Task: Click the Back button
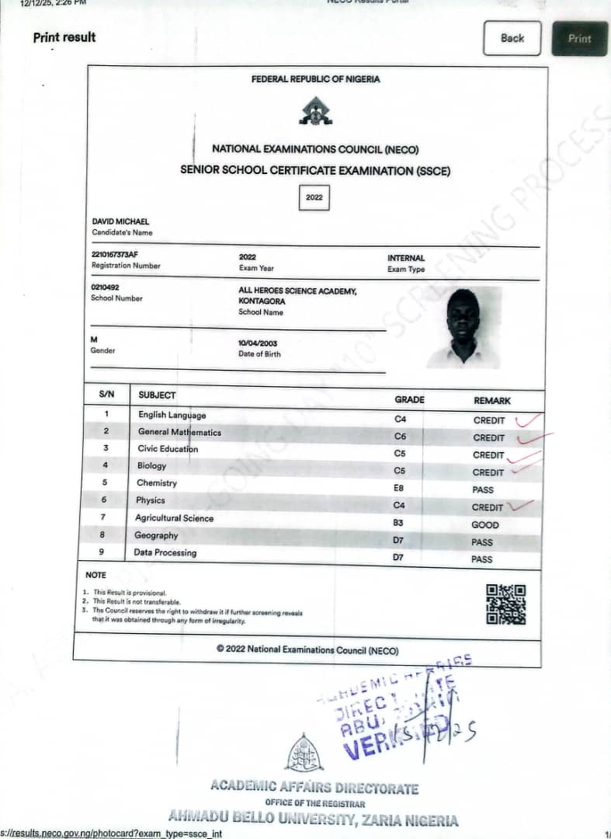[x=512, y=38]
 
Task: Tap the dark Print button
[x=579, y=38]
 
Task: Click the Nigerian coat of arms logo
[x=315, y=112]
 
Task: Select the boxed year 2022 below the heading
[x=314, y=197]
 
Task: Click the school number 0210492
[x=106, y=287]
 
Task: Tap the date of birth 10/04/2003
[x=258, y=343]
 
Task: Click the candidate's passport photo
[x=464, y=327]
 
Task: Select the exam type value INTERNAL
[x=406, y=258]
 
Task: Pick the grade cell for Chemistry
[x=399, y=488]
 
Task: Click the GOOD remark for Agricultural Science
[x=485, y=524]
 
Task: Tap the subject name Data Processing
[x=165, y=552]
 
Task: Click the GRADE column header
[x=409, y=399]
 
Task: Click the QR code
[x=505, y=604]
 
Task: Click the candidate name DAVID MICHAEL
[x=120, y=221]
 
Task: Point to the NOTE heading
[x=95, y=575]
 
